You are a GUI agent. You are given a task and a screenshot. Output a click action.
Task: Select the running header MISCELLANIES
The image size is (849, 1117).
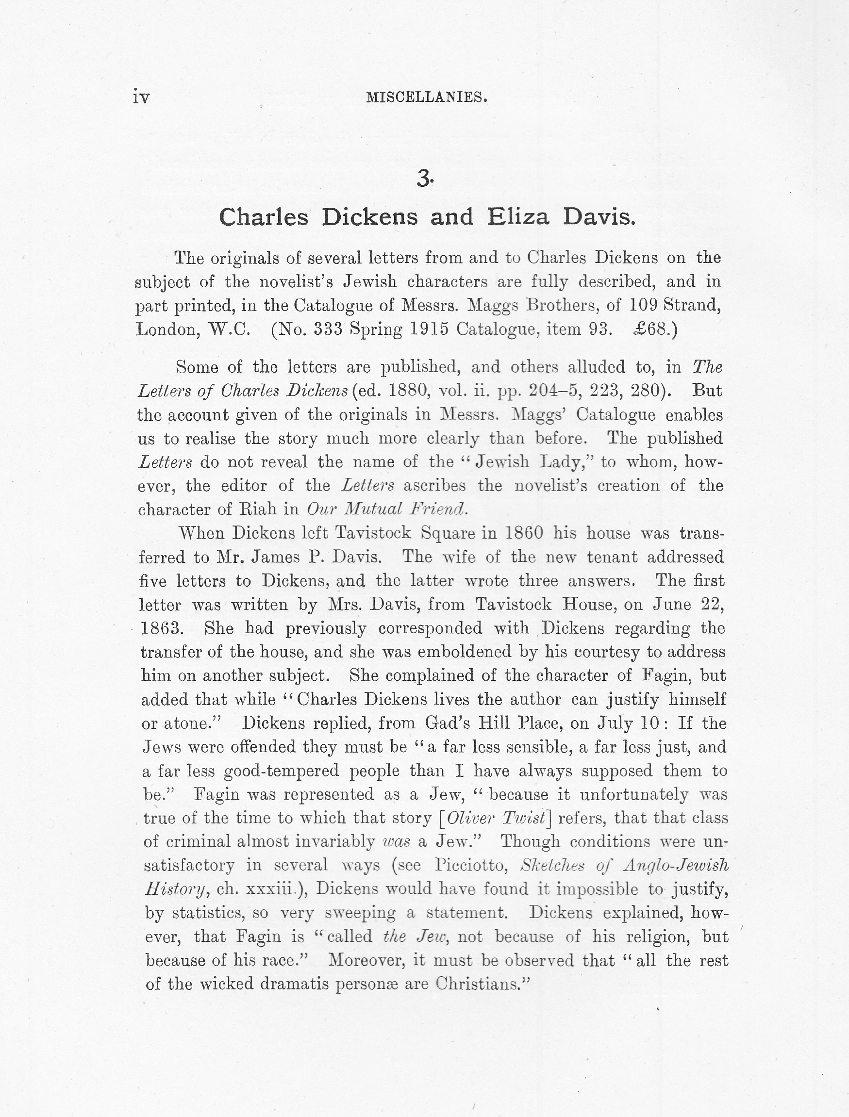(427, 97)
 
